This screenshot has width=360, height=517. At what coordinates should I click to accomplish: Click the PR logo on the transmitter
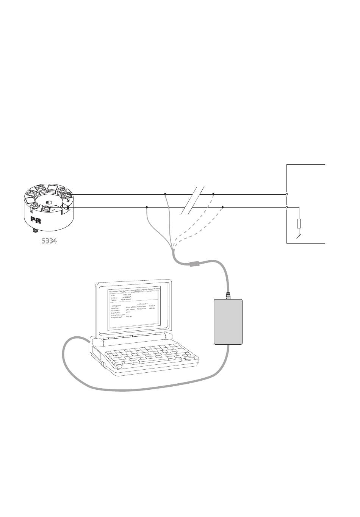[36, 220]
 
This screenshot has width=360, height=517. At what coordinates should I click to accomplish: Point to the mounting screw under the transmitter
[34, 230]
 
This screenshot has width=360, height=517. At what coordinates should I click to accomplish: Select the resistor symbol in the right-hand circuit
[299, 223]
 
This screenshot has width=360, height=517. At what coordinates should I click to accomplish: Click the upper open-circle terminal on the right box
[286, 194]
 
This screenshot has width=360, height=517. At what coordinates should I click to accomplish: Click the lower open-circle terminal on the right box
[286, 208]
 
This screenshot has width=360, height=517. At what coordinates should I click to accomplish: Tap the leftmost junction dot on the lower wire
[147, 208]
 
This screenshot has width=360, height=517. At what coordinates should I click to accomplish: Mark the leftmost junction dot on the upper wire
[165, 194]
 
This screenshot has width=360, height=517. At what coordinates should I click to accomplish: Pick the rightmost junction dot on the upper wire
[213, 194]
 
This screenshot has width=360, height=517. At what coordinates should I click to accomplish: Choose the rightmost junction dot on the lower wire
[222, 208]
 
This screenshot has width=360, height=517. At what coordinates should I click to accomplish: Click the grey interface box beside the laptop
[228, 322]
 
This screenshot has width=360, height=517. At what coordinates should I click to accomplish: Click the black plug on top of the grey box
[228, 295]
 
